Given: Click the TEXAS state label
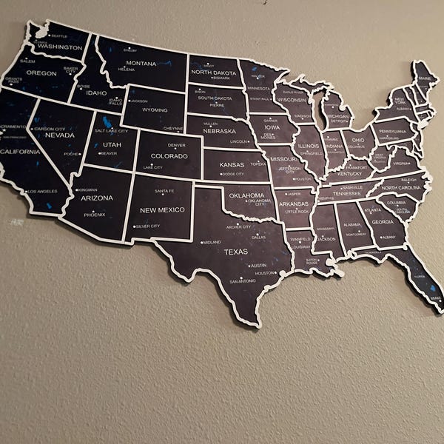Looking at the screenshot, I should [x=236, y=252].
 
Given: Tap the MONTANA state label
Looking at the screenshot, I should [x=141, y=64].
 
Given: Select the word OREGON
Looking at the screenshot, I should [x=41, y=73].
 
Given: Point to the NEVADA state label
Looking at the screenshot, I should [x=60, y=136].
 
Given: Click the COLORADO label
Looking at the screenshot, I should [x=169, y=156].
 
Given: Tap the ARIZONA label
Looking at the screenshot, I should [x=97, y=198].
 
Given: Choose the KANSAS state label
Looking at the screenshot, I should [x=232, y=164].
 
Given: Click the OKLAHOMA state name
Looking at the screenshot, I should [x=246, y=195].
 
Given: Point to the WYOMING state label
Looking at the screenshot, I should [x=155, y=110].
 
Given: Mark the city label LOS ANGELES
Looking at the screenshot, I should [x=41, y=192].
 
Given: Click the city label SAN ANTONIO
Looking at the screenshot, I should [x=243, y=281].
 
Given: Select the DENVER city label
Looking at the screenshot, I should [x=177, y=146].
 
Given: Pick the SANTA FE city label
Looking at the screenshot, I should [x=164, y=191].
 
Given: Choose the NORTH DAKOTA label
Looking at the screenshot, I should [x=213, y=72].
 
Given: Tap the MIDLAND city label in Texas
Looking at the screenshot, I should [x=212, y=242].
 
